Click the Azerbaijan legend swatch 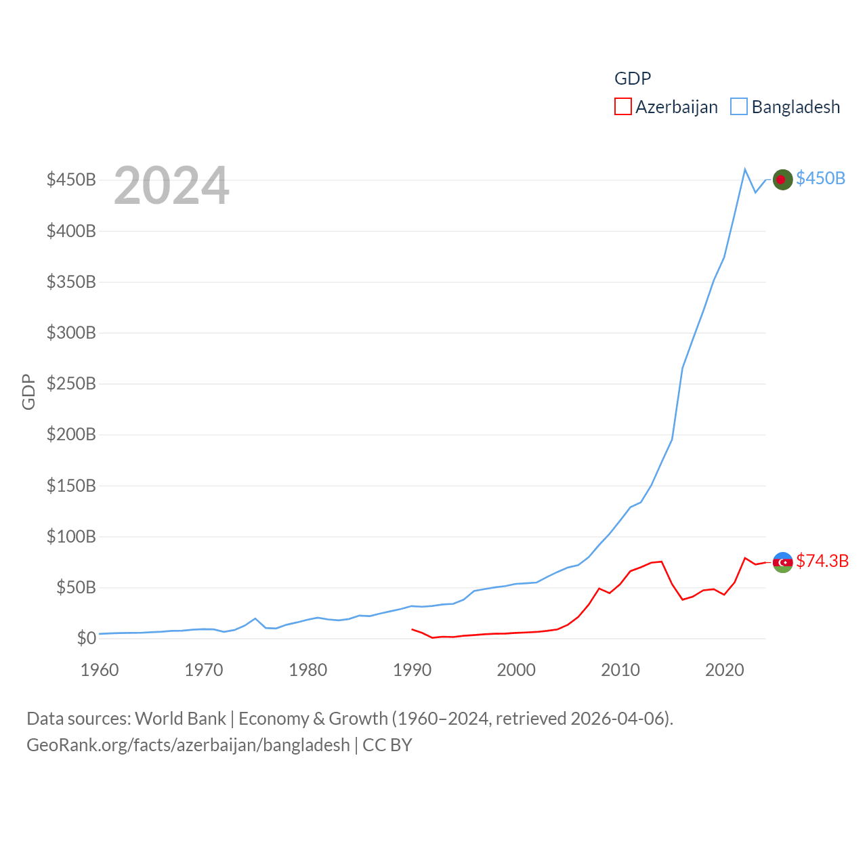pos(623,107)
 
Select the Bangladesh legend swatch pos(739,107)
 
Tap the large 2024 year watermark pos(171,186)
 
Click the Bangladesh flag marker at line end pos(782,179)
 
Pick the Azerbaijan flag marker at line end pos(782,562)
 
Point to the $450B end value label pos(820,178)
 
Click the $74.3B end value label pos(822,561)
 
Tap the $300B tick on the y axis pos(71,333)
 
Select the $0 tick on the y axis pos(86,638)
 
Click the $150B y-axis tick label pos(71,486)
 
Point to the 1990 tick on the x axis pos(412,671)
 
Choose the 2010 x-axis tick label pos(620,671)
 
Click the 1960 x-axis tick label pos(100,671)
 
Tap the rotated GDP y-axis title pos(28,392)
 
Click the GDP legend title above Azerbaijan pos(633,79)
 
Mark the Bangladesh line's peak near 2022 pos(745,169)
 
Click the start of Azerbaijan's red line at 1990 pos(412,629)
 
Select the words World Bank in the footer pos(180,718)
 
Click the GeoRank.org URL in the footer pos(188,745)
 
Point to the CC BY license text pos(387,745)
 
